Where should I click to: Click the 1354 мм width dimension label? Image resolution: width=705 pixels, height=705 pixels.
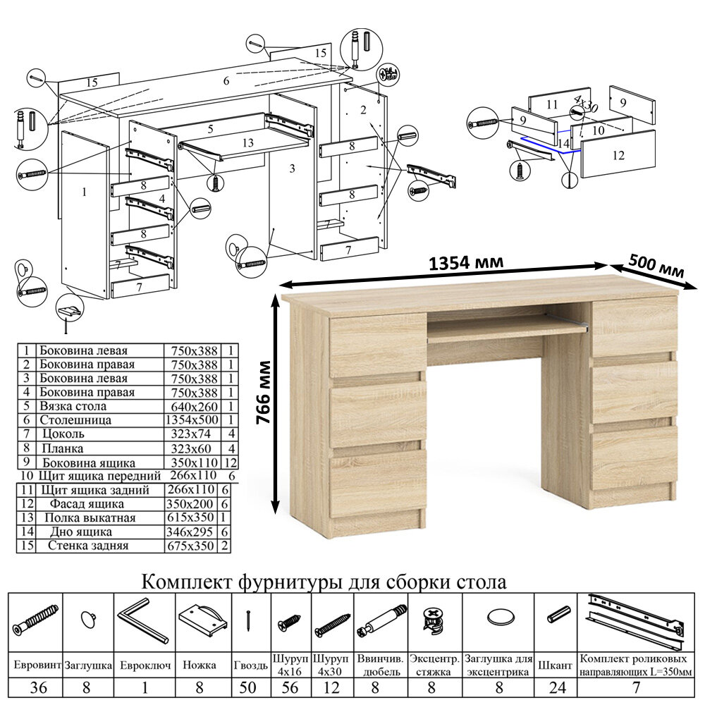point(467,262)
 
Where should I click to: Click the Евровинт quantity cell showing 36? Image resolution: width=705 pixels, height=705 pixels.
point(35,687)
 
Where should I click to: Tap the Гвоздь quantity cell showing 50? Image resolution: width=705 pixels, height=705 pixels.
point(250,687)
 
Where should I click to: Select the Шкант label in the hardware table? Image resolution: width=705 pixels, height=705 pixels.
point(556,663)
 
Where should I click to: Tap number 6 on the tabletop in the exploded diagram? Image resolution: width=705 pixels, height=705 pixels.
point(226,81)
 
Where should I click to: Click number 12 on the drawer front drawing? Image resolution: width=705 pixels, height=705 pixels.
point(618,156)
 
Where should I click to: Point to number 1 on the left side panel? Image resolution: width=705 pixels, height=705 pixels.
point(84,190)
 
